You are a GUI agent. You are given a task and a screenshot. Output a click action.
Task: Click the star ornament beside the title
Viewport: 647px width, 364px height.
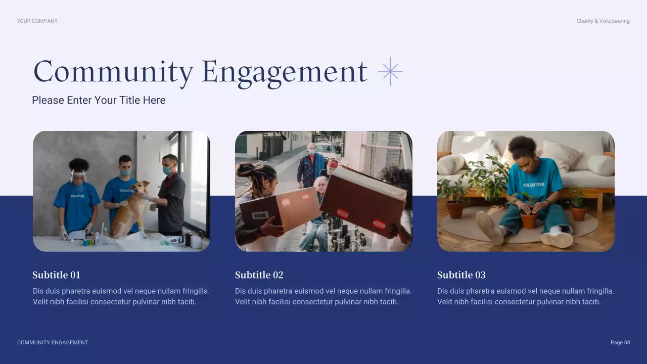click(x=390, y=71)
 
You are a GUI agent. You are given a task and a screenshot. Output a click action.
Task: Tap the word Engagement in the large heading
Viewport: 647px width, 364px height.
click(x=284, y=72)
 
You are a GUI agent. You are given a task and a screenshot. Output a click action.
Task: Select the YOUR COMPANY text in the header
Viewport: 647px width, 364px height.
click(x=37, y=21)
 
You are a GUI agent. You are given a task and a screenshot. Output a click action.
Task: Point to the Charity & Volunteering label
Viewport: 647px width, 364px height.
click(x=603, y=21)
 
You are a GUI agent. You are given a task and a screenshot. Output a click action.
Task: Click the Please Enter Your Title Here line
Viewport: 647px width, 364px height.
click(x=99, y=100)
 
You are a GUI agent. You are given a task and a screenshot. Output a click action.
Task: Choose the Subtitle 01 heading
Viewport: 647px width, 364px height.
click(x=57, y=275)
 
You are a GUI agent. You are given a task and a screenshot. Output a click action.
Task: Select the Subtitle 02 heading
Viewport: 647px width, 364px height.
click(x=259, y=275)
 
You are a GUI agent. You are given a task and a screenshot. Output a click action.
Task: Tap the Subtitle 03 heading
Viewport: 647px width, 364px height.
click(x=461, y=275)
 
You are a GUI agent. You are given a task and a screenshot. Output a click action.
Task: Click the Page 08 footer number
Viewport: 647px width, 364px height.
click(x=620, y=343)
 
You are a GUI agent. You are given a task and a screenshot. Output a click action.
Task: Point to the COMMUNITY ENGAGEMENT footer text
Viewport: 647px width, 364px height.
click(x=53, y=343)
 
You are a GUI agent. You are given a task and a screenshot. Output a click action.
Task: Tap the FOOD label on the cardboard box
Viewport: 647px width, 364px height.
click(x=260, y=215)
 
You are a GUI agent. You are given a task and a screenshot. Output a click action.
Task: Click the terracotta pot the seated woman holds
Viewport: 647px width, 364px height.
click(x=529, y=220)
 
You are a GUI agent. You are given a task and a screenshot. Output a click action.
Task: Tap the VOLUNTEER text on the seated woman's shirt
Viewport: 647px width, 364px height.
click(x=534, y=185)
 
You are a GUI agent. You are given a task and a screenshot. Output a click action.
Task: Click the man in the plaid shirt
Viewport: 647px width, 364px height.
click(x=310, y=164)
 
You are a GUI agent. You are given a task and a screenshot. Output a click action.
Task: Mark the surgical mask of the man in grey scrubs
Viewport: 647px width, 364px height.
click(x=167, y=171)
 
